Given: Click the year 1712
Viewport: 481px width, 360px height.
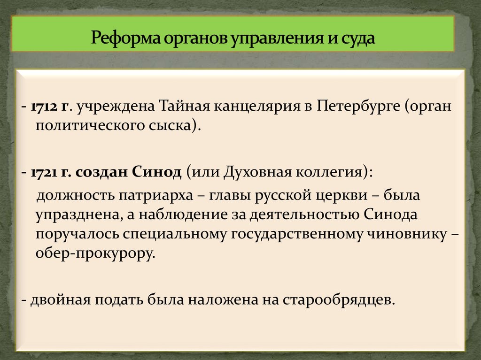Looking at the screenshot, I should click(44, 106).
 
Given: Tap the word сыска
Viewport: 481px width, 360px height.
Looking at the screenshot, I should click(170, 125).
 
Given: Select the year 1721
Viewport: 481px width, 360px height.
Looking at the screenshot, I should click(44, 172).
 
